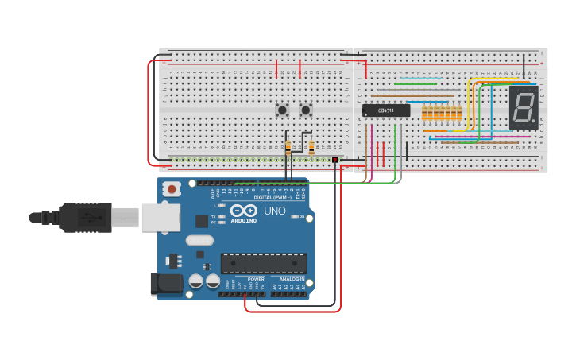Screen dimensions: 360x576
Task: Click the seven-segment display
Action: pyautogui.click(x=523, y=108)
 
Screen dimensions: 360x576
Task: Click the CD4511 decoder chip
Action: pyautogui.click(x=386, y=110)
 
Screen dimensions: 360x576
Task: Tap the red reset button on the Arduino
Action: pyautogui.click(x=171, y=189)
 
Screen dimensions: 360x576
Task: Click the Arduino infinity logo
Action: pyautogui.click(x=243, y=211)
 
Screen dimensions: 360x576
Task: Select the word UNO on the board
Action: pyautogui.click(x=274, y=211)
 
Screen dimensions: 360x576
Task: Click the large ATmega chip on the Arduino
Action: pyautogui.click(x=264, y=262)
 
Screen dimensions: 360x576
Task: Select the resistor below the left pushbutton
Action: pyautogui.click(x=288, y=146)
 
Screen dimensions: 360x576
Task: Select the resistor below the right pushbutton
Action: pyautogui.click(x=311, y=147)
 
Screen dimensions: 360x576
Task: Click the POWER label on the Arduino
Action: pyautogui.click(x=256, y=279)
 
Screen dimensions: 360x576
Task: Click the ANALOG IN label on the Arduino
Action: pyautogui.click(x=290, y=279)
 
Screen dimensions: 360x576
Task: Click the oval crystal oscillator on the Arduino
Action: pyautogui.click(x=199, y=240)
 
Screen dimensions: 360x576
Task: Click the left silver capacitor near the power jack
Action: pyautogui.click(x=196, y=281)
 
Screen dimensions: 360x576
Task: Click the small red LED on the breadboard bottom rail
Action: pyautogui.click(x=335, y=161)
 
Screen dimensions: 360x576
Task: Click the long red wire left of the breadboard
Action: pyautogui.click(x=149, y=111)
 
